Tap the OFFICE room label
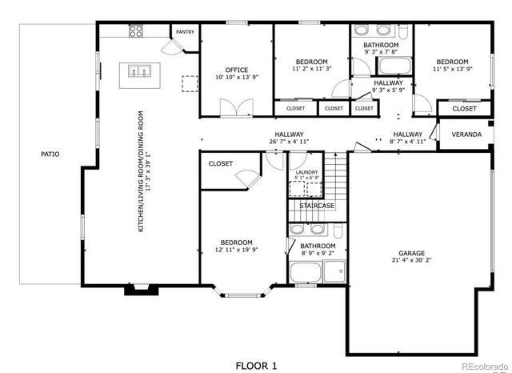(x=236, y=70)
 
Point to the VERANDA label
(x=466, y=134)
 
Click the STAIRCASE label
(x=317, y=206)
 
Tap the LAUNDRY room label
(x=306, y=172)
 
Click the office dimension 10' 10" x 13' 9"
(x=236, y=78)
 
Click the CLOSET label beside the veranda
(x=464, y=108)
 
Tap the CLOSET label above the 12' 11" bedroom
(x=221, y=163)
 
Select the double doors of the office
(x=233, y=106)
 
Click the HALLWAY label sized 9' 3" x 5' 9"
(x=388, y=82)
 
